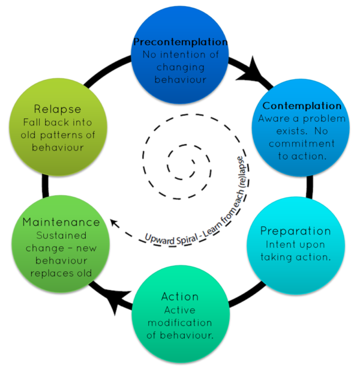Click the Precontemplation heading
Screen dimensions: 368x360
click(180, 43)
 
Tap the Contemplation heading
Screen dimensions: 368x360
click(302, 106)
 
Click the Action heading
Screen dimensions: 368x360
click(179, 297)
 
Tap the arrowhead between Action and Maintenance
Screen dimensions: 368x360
click(116, 304)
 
